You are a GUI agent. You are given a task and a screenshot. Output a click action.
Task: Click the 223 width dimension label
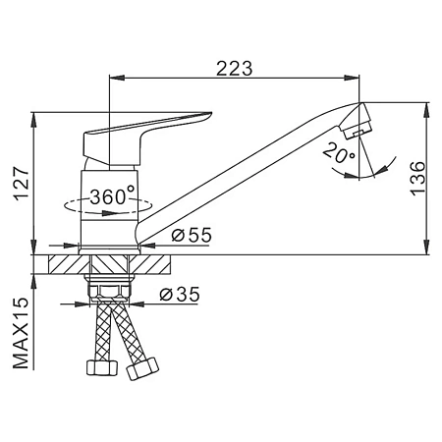coord(235,68)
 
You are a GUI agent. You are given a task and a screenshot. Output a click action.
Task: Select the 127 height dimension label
coord(22,184)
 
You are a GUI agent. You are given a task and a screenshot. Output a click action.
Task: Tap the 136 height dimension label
coord(417,179)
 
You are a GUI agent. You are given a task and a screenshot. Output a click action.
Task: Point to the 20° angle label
coord(338,153)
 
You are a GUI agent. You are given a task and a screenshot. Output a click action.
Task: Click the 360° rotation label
coord(112,196)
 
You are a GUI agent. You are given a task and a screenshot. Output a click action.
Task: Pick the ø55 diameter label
coord(192,235)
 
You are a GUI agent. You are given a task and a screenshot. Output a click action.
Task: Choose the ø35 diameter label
coord(180,294)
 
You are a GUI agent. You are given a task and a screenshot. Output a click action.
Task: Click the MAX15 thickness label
coord(22,333)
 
